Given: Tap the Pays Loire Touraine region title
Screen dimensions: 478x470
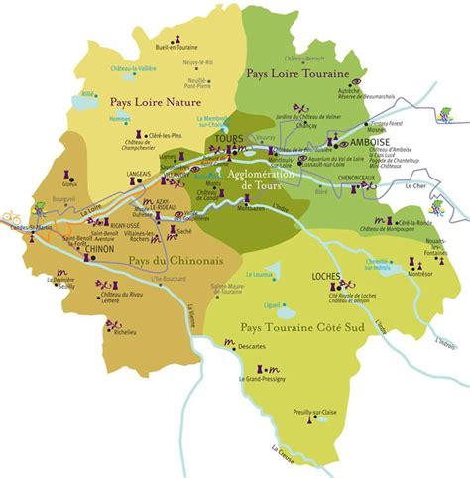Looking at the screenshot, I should tap(293, 72).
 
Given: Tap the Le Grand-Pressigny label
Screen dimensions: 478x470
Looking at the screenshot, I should tap(261, 380).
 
